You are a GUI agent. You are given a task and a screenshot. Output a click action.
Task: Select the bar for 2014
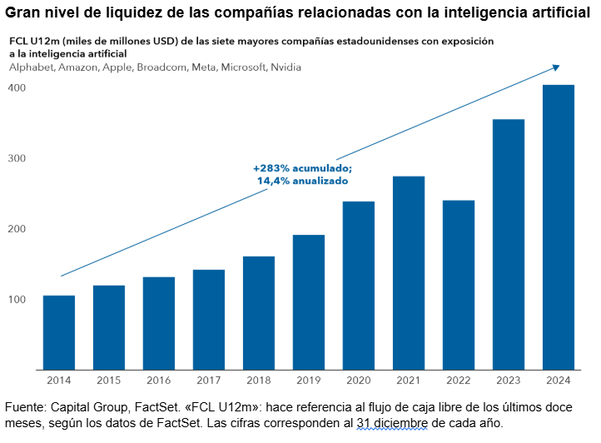(x=59, y=332)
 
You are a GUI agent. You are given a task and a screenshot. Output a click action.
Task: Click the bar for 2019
(x=309, y=302)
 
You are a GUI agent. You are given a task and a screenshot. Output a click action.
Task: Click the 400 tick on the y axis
(x=17, y=87)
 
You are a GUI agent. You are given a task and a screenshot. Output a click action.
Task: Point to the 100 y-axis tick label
(x=17, y=300)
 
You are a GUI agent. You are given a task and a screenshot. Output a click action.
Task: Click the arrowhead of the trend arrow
(x=555, y=67)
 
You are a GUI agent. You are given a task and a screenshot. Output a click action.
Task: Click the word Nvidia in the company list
(x=286, y=67)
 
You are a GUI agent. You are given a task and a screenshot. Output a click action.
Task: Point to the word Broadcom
(x=158, y=67)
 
